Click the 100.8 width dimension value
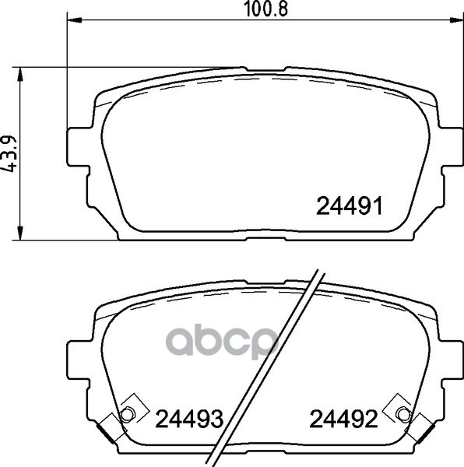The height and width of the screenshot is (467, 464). (x=265, y=9)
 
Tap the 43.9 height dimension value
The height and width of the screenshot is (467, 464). (x=9, y=154)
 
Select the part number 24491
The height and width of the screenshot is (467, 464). (x=349, y=206)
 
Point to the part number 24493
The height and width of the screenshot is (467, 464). (x=189, y=419)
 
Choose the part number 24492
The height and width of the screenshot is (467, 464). (x=343, y=419)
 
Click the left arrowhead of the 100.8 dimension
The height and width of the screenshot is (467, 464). (x=75, y=20)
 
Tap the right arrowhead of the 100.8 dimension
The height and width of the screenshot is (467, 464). (x=456, y=20)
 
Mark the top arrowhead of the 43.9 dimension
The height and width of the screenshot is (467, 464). (x=20, y=74)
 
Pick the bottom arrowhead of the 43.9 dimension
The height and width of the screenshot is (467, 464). (x=20, y=233)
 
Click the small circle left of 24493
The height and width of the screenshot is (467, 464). (x=128, y=414)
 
